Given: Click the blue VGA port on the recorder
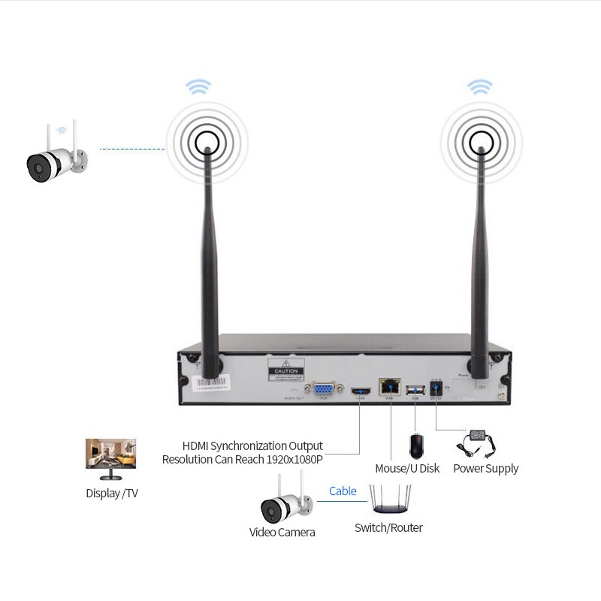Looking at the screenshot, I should [x=325, y=388].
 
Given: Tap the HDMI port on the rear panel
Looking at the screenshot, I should [x=359, y=391].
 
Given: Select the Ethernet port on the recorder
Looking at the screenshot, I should [x=391, y=387].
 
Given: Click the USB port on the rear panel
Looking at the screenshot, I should [x=415, y=389].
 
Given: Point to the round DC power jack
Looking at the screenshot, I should [x=434, y=388].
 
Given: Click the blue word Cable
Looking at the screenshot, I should [x=343, y=491].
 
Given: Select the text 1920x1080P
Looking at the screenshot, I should [x=294, y=459].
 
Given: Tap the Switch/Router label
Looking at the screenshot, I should [x=388, y=527].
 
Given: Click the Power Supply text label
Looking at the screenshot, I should [x=485, y=469].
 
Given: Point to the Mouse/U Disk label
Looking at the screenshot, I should [x=407, y=469].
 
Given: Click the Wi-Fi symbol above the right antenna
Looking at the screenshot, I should [x=479, y=86].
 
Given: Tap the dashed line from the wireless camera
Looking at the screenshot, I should [x=131, y=149].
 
